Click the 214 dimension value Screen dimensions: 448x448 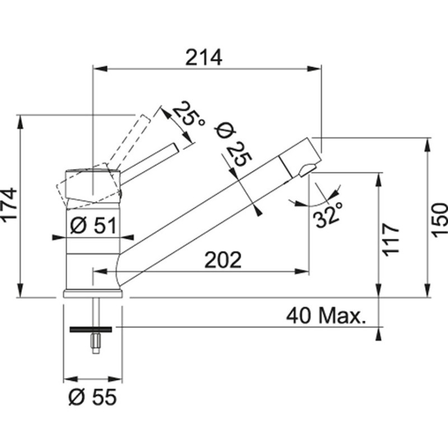pos(203,58)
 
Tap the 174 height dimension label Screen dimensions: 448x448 pos(9,204)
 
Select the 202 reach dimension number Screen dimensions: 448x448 pos(223,260)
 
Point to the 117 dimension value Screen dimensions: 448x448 pos(390,240)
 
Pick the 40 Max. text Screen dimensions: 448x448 pos(326,316)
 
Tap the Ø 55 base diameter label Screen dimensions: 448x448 pos(92,397)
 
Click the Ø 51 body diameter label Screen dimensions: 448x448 pos(93,226)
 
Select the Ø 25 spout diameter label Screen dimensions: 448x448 pos(234,146)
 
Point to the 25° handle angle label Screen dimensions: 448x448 pos(189,114)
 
